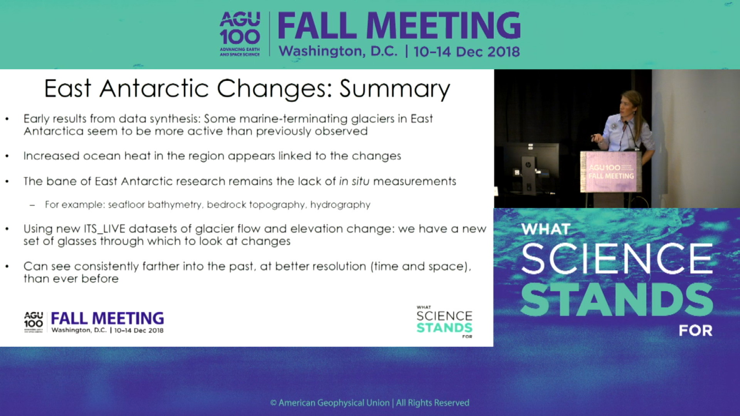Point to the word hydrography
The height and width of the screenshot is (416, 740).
coord(340,205)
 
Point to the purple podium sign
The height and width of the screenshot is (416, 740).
coord(611,172)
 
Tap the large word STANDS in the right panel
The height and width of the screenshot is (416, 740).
coord(617,300)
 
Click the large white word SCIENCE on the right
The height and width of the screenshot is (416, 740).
coord(617,258)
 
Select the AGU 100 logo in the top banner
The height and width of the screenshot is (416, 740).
coord(240,34)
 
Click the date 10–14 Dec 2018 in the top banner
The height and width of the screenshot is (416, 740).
coord(467,52)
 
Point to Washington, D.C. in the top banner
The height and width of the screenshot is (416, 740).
coord(338,52)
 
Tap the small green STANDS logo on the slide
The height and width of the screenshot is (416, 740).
coord(444,328)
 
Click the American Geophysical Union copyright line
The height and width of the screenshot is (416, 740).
coord(370,403)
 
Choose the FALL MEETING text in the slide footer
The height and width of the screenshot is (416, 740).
coord(108,319)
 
